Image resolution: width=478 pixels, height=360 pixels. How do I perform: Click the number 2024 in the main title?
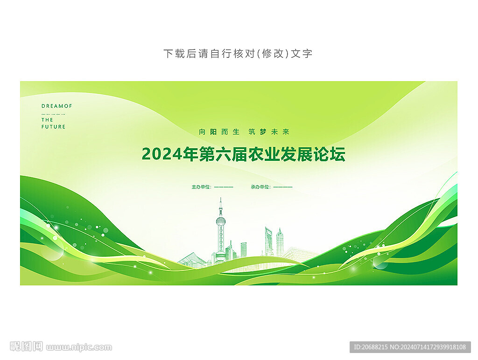162,154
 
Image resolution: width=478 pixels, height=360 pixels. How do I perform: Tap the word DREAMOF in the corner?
56,106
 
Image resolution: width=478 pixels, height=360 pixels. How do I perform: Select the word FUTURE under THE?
53,127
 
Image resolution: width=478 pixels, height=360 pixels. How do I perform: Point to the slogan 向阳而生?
219,132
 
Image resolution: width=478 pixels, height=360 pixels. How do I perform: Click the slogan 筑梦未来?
269,132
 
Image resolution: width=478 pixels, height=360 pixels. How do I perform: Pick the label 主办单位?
201,187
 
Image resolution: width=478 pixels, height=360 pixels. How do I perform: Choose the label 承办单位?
260,187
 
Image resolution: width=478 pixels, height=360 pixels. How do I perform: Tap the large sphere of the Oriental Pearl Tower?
221,221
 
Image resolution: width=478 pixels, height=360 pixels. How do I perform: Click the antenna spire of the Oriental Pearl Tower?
221,204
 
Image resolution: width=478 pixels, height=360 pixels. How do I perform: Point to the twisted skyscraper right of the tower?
268,241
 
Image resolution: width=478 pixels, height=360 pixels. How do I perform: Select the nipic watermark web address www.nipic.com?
79,347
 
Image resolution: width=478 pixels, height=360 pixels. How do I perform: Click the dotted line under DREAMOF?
53,115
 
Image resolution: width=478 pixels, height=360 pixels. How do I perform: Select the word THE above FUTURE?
47,120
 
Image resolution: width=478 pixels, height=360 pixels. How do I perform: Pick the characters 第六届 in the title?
223,154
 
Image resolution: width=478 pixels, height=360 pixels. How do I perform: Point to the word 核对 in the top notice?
244,54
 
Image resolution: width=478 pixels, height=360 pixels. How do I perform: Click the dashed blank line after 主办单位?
224,187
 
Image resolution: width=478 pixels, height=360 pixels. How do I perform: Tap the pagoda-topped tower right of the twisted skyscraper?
280,242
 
